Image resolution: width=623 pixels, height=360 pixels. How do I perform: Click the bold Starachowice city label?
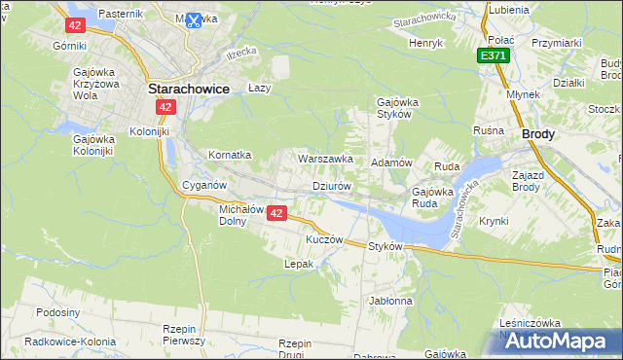click(x=188, y=88)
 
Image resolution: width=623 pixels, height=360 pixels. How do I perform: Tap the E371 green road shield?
click(x=493, y=57)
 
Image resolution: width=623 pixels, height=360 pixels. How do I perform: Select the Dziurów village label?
click(x=330, y=185)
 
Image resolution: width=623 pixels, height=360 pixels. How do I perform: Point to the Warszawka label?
click(x=325, y=158)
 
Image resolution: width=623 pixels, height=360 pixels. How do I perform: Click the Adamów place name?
click(x=393, y=162)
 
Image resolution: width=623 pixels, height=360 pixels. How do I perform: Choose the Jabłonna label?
click(x=390, y=301)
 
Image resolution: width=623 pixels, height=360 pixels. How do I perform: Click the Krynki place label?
click(x=494, y=221)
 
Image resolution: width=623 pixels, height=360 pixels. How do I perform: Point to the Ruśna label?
click(x=488, y=130)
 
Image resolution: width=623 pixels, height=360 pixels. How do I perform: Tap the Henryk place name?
click(x=425, y=44)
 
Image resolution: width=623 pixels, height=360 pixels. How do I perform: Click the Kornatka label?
click(x=230, y=155)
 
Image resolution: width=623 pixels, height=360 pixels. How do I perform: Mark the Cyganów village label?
click(x=204, y=185)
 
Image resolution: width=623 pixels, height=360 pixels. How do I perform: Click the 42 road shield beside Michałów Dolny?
click(x=277, y=213)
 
